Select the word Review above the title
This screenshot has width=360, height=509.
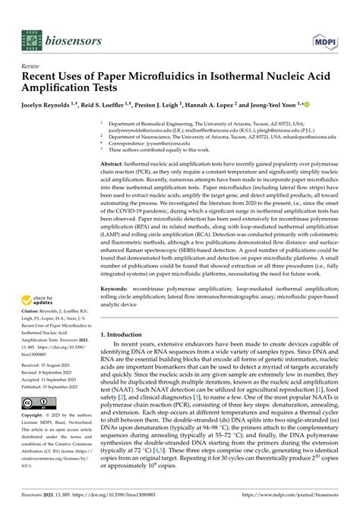[x=31, y=66]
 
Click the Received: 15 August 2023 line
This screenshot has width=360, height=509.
[x=50, y=385]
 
